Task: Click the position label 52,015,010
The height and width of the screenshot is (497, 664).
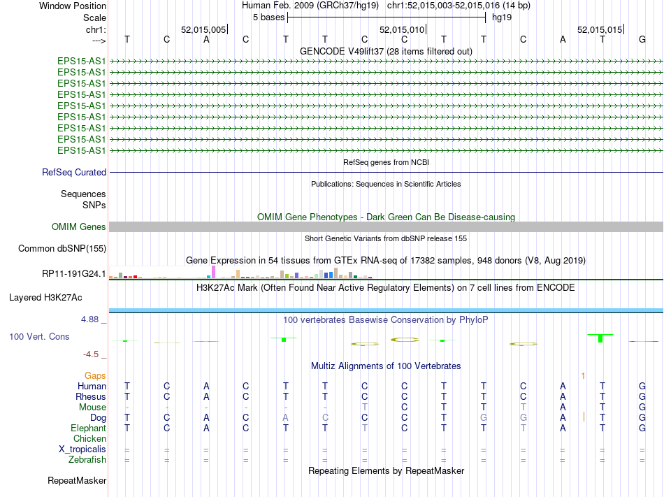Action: pyautogui.click(x=401, y=30)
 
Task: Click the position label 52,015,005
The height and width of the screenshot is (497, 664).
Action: pyautogui.click(x=203, y=30)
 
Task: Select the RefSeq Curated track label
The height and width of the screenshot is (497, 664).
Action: pyautogui.click(x=74, y=172)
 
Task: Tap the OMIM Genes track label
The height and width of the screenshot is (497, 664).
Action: pyautogui.click(x=79, y=226)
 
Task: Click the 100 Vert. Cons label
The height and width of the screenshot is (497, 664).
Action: pyautogui.click(x=39, y=337)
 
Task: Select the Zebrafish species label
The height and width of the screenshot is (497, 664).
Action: pyautogui.click(x=87, y=459)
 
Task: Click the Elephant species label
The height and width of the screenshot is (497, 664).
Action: pyautogui.click(x=88, y=428)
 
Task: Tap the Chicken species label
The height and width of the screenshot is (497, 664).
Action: pyautogui.click(x=89, y=438)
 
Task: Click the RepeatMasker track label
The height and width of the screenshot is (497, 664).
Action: pyautogui.click(x=77, y=480)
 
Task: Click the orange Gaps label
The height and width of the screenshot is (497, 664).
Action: pyautogui.click(x=95, y=375)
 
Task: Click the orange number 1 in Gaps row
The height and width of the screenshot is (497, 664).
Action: pyautogui.click(x=582, y=375)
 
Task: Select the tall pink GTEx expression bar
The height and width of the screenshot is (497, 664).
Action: pyautogui.click(x=213, y=271)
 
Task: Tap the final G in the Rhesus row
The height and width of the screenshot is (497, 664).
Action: pyautogui.click(x=642, y=396)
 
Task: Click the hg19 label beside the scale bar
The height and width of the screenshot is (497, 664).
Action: pyautogui.click(x=501, y=17)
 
